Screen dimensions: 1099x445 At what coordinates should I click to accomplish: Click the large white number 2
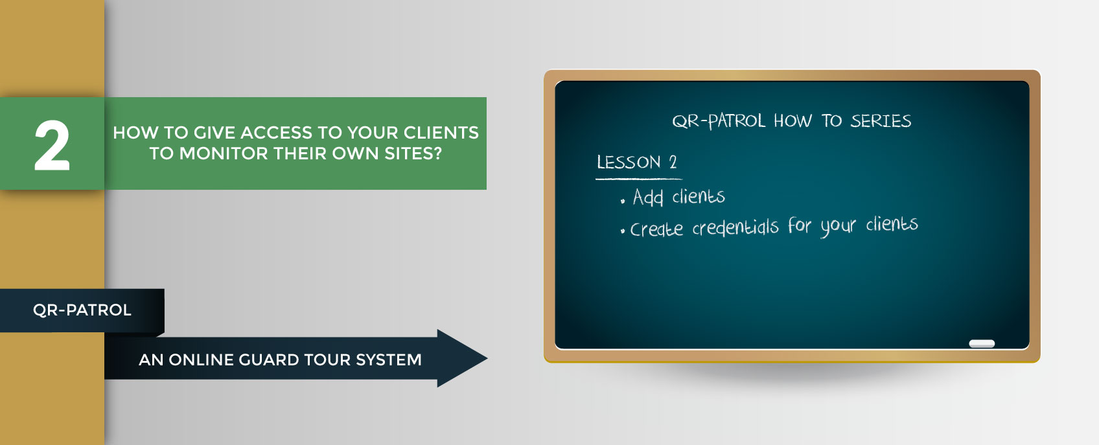pyautogui.click(x=52, y=146)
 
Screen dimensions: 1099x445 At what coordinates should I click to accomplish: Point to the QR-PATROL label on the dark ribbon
pyautogui.click(x=82, y=310)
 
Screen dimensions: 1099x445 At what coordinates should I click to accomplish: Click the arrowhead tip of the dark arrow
pyautogui.click(x=487, y=358)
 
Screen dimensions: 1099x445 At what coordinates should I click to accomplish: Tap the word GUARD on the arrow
pyautogui.click(x=269, y=359)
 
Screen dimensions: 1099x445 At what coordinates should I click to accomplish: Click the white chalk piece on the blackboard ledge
pyautogui.click(x=982, y=343)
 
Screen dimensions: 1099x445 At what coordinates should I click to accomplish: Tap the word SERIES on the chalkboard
pyautogui.click(x=881, y=120)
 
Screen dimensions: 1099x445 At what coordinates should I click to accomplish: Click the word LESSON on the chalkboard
pyautogui.click(x=629, y=162)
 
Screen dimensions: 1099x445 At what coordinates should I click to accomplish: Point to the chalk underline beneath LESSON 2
pyautogui.click(x=638, y=179)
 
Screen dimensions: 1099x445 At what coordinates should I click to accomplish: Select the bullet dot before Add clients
pyautogui.click(x=623, y=201)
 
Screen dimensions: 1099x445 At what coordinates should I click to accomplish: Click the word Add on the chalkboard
pyautogui.click(x=647, y=197)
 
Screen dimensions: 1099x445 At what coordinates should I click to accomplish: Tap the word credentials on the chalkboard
pyautogui.click(x=735, y=227)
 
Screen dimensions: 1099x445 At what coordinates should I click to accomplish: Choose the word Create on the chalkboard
pyautogui.click(x=656, y=229)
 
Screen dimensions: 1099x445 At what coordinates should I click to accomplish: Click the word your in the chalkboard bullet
pyautogui.click(x=839, y=226)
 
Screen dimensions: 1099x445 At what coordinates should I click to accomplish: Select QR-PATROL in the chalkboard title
pyautogui.click(x=718, y=120)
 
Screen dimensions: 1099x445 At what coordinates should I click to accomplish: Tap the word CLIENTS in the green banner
pyautogui.click(x=441, y=133)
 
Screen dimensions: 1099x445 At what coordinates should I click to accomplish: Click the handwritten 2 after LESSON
pyautogui.click(x=673, y=162)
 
